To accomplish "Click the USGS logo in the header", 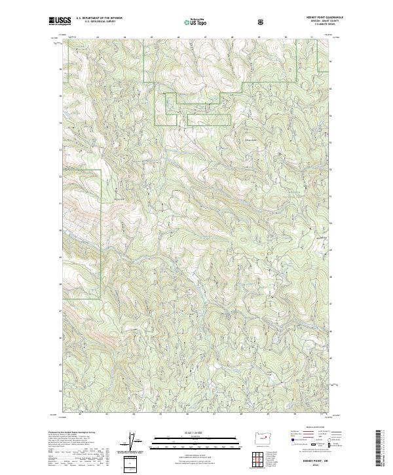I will point(60,22).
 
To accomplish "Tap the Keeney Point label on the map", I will point(119,199).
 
